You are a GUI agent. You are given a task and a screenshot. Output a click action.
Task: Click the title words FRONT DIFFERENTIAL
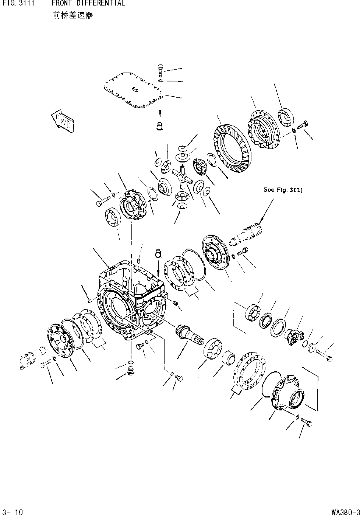[88, 3]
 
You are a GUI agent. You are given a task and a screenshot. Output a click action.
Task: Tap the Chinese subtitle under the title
[73, 15]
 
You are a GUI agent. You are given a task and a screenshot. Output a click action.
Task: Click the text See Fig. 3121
[283, 190]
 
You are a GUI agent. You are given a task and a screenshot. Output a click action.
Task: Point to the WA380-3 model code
[345, 511]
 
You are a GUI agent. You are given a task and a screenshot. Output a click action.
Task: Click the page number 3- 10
[13, 511]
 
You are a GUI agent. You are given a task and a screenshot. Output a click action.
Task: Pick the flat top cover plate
[133, 94]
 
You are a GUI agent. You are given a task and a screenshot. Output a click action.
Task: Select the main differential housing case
[131, 302]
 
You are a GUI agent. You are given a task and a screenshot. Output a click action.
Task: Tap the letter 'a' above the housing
[158, 253]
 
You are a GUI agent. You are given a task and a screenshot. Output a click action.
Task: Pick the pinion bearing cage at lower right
[288, 393]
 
